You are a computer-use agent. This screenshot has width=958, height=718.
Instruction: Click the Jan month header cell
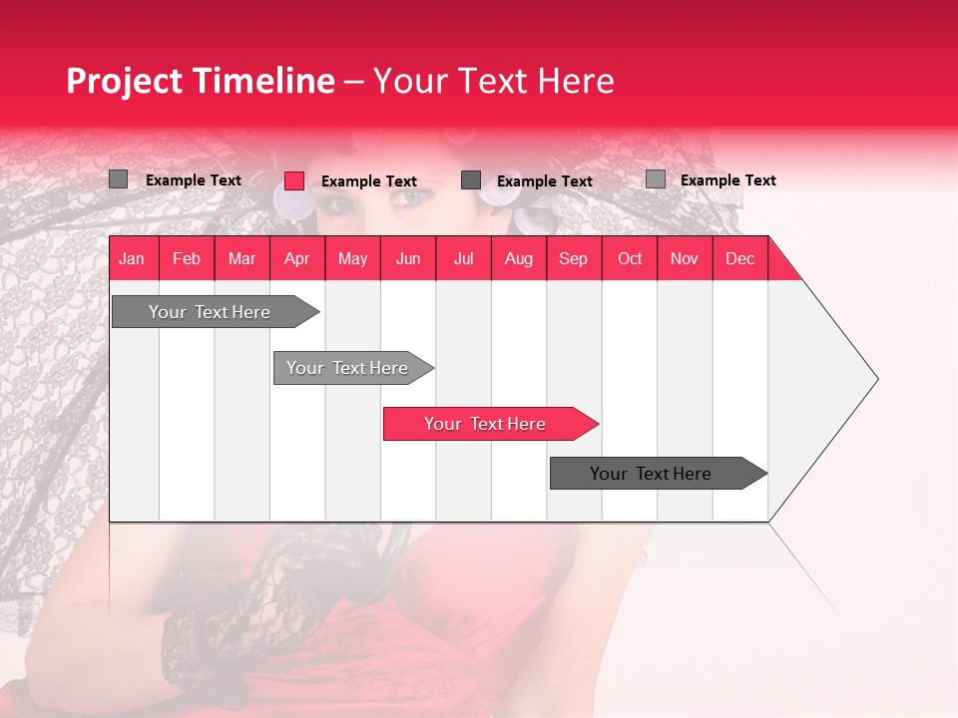coord(132,258)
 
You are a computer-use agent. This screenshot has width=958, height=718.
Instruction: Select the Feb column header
coord(187,258)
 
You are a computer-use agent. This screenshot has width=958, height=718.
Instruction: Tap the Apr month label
coord(296,258)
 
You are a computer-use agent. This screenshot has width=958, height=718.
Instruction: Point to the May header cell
coord(352,258)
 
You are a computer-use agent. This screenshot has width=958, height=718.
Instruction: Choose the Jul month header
coord(463,258)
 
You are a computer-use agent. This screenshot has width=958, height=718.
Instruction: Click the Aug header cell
coord(518,258)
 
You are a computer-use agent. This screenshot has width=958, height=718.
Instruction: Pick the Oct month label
coord(629,258)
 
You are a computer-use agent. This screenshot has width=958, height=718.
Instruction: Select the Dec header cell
coord(739,258)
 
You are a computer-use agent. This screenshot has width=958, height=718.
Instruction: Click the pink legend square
coord(294,180)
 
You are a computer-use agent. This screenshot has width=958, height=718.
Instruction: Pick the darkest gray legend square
coord(471,179)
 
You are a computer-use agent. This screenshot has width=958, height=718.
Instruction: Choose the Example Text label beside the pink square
coord(368,181)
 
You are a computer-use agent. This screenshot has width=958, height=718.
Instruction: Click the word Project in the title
coord(126,81)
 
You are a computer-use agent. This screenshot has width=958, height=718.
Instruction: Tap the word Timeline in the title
coord(264,81)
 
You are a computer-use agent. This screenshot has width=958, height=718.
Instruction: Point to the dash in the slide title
coord(353,82)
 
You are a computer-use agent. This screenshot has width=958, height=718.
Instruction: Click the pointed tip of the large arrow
coord(875,379)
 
